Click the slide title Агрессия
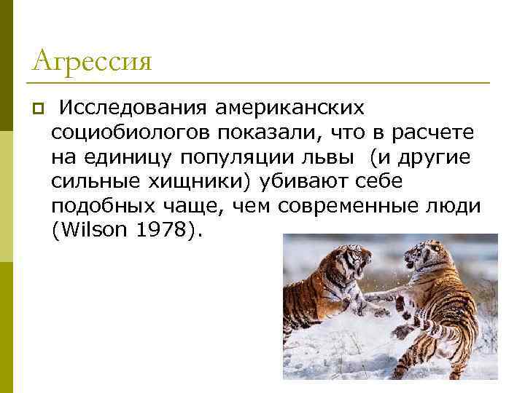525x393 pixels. click(92, 60)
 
